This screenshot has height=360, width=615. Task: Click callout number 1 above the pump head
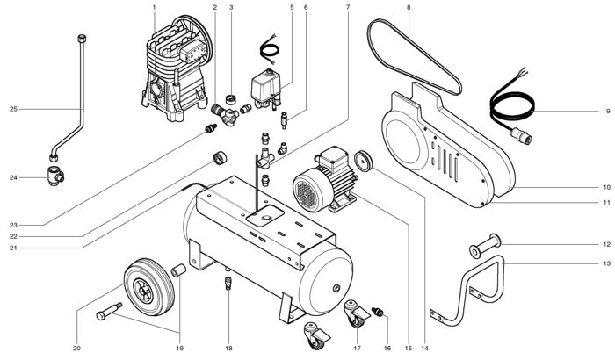pyautogui.click(x=154, y=7)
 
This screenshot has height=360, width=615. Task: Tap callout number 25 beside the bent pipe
pyautogui.click(x=13, y=109)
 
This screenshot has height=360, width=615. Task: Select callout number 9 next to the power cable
pyautogui.click(x=608, y=112)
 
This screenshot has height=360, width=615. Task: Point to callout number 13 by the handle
pyautogui.click(x=607, y=263)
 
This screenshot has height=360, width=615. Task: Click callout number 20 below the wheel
pyautogui.click(x=76, y=349)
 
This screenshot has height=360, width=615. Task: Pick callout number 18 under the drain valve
pyautogui.click(x=228, y=349)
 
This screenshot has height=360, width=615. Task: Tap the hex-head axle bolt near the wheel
pyautogui.click(x=109, y=311)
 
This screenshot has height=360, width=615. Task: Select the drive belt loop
pyautogui.click(x=414, y=57)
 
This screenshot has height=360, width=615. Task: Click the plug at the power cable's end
pyautogui.click(x=521, y=135)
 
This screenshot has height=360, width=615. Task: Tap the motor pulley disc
pyautogui.click(x=363, y=160)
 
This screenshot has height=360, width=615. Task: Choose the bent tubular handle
pyautogui.click(x=467, y=291)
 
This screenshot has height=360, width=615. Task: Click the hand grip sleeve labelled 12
pyautogui.click(x=485, y=246)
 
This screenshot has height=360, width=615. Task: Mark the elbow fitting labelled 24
pyautogui.click(x=55, y=176)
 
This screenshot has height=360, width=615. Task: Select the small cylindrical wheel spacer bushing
pyautogui.click(x=178, y=270)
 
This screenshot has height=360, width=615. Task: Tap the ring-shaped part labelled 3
pyautogui.click(x=233, y=98)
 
